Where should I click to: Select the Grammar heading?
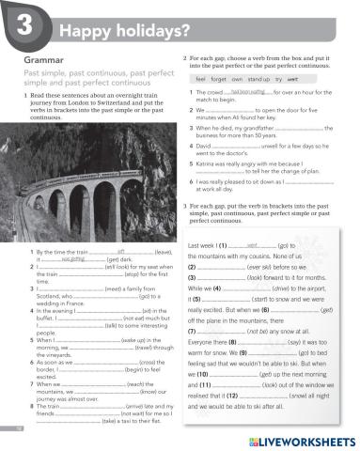click(x=39, y=59)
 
